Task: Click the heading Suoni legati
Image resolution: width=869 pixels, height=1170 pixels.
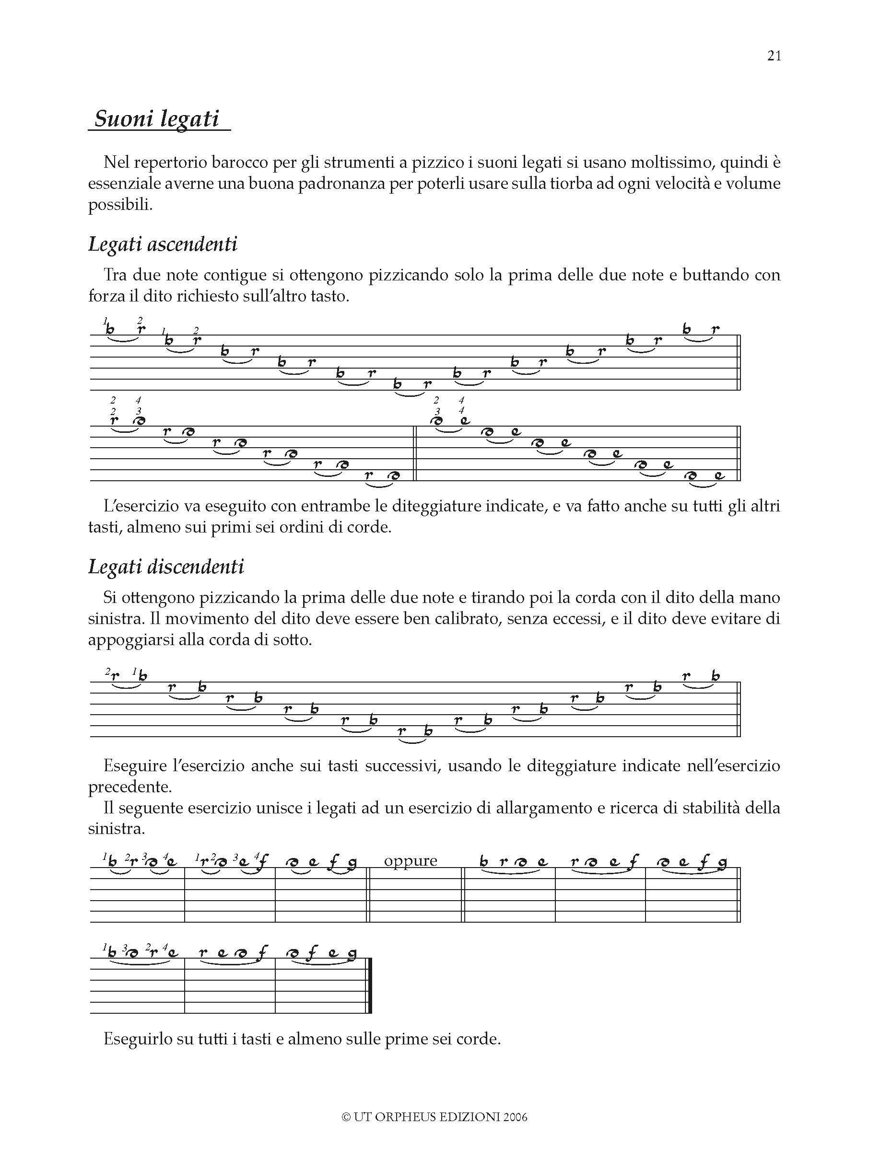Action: [x=156, y=119]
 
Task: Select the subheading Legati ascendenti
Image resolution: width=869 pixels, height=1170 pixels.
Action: [x=163, y=244]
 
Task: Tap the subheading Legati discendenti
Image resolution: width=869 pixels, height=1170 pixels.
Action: [x=166, y=567]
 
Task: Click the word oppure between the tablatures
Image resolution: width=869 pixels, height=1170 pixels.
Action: [x=411, y=860]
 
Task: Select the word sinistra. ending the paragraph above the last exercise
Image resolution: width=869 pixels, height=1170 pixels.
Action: [x=116, y=829]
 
